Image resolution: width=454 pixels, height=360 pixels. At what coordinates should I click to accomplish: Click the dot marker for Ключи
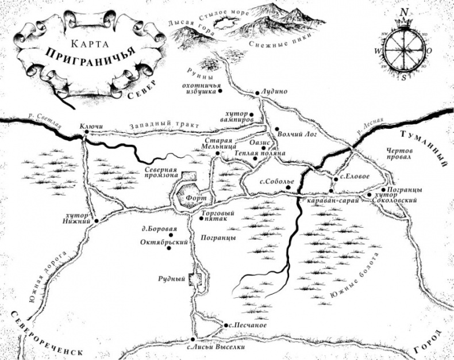(86, 132)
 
